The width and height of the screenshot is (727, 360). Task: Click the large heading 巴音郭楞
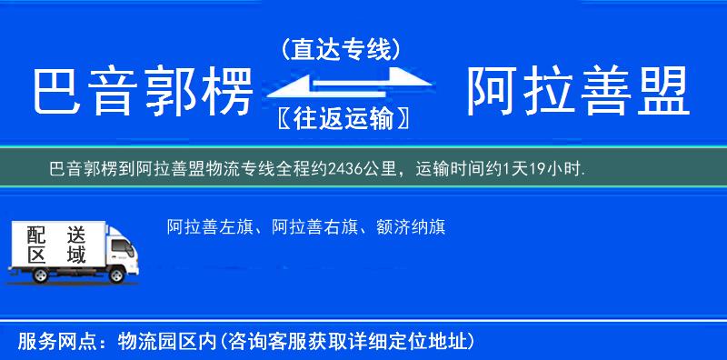tap(141, 92)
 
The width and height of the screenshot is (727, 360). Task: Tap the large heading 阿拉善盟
tap(576, 92)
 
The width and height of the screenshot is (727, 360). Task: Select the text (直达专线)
tap(341, 48)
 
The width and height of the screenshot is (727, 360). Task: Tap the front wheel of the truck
tap(117, 274)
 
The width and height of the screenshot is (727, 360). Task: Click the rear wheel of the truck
tap(27, 272)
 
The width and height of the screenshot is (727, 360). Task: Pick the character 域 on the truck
tap(75, 255)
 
